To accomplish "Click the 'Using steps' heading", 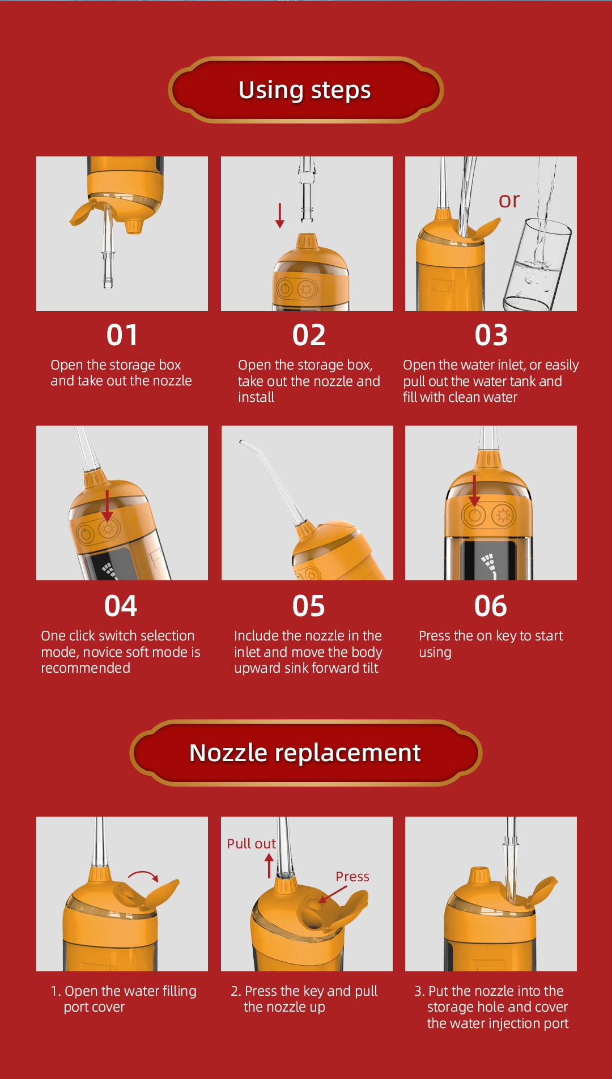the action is tap(305, 91).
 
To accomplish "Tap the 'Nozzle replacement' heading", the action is tap(305, 753).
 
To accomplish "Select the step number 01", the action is tap(122, 335).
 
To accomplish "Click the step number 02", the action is tap(309, 335).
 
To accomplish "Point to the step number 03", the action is tap(491, 335).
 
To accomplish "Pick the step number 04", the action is tap(121, 606).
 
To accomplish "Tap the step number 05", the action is tap(309, 606).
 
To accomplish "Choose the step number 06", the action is tap(491, 606).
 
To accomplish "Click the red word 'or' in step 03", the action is tap(509, 201).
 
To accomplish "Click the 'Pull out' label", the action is tap(252, 844).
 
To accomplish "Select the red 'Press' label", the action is tap(352, 877).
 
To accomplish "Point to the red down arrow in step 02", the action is tap(280, 216).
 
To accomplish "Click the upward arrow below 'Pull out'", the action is tap(269, 866).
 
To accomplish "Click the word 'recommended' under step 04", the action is tap(86, 668).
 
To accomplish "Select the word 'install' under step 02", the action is tap(256, 397).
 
